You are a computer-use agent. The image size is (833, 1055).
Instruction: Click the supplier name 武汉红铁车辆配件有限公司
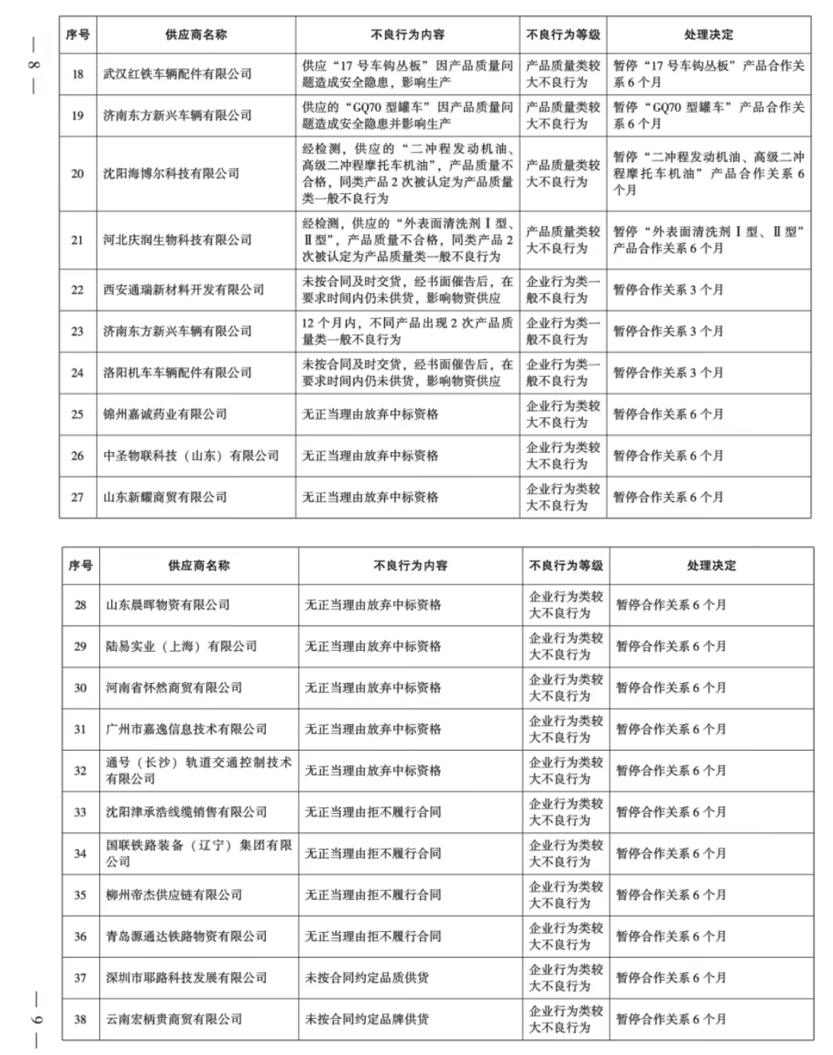tap(177, 74)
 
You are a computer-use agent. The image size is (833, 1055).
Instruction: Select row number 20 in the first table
tap(77, 173)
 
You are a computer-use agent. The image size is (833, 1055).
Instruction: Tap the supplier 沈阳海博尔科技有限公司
tap(171, 173)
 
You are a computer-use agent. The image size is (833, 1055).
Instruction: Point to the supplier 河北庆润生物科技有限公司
tap(177, 240)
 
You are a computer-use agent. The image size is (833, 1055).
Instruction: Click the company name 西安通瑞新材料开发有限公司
tap(184, 290)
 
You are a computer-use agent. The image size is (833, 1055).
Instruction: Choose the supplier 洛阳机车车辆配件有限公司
tap(177, 373)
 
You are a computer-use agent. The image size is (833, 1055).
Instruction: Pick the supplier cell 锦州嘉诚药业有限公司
tap(165, 414)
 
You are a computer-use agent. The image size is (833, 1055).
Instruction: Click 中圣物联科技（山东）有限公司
tap(191, 456)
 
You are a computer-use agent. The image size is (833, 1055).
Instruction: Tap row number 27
tap(77, 498)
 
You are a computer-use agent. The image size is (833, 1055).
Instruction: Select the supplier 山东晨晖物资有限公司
tap(168, 605)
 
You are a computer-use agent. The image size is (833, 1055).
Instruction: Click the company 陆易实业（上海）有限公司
tap(181, 647)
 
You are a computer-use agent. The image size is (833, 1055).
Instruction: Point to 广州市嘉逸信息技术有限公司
tap(187, 729)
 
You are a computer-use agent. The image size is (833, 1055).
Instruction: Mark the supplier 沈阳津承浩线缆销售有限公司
tap(187, 812)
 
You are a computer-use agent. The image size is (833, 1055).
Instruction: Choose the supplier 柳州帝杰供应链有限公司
tap(174, 895)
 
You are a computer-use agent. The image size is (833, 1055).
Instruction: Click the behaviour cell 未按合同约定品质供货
tap(367, 978)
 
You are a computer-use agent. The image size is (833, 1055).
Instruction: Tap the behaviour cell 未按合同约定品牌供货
tap(367, 1020)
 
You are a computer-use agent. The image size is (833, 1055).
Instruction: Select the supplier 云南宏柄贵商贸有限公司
tap(174, 1020)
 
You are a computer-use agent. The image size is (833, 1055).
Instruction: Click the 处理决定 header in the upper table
tap(708, 35)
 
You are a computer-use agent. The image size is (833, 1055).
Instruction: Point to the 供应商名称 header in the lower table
tap(199, 565)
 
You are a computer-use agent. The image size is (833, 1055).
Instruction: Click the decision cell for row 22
tap(668, 290)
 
